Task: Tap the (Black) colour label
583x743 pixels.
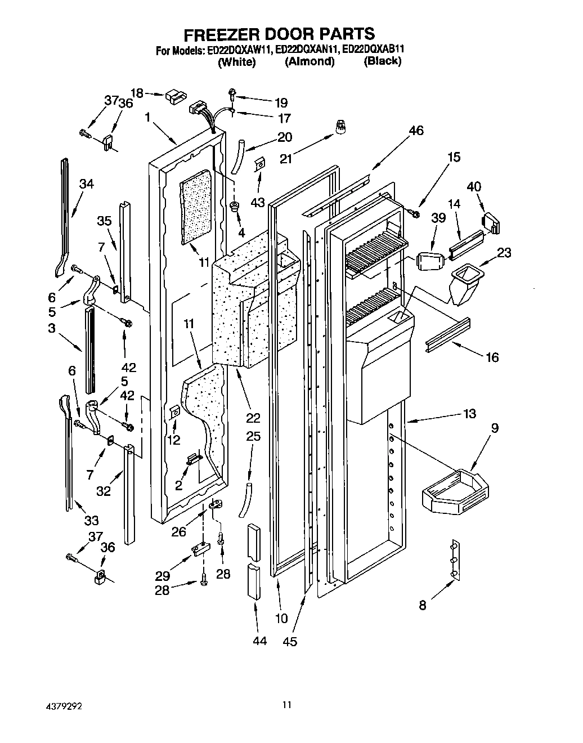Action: coord(382,61)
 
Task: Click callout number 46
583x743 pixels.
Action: coord(415,131)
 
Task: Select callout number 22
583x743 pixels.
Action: coord(253,418)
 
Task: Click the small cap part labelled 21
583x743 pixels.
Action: coord(340,127)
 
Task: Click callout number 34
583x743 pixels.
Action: coord(86,183)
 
